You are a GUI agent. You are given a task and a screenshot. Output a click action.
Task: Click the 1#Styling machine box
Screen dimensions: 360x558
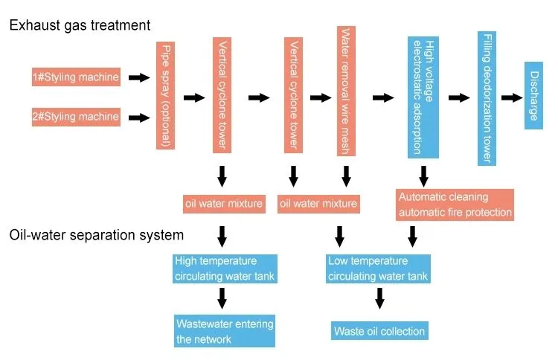(x=76, y=77)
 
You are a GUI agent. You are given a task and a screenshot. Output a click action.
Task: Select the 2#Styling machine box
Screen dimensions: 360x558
(x=76, y=117)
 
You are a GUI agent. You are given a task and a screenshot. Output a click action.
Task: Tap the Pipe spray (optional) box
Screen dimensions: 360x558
(x=165, y=96)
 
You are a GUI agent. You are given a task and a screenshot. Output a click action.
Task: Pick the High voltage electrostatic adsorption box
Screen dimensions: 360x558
(x=423, y=96)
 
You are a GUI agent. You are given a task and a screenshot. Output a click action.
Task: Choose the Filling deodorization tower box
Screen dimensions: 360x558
(x=487, y=98)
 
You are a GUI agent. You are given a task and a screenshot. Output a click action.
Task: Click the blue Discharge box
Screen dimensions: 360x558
(x=533, y=95)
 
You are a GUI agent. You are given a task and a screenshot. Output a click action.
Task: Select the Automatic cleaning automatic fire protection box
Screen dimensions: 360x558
(x=455, y=205)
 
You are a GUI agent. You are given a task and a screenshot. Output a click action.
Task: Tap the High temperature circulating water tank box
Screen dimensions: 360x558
(x=225, y=269)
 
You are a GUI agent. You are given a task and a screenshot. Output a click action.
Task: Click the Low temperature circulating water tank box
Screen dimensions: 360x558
(x=378, y=269)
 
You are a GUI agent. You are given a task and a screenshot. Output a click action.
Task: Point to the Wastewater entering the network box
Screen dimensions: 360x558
(x=225, y=332)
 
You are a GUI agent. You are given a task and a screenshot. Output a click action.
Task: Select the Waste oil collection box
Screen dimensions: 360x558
(x=379, y=331)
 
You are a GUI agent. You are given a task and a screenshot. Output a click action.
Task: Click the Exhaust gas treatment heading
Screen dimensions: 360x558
(x=80, y=25)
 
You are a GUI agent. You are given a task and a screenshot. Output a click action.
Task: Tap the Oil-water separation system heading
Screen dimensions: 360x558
(x=96, y=235)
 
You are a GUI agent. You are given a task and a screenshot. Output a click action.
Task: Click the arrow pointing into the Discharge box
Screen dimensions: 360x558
(x=511, y=97)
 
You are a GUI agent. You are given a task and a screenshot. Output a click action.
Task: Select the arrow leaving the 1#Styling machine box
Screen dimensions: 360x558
(x=138, y=77)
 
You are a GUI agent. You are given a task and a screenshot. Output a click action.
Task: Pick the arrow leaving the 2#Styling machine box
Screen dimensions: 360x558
(x=138, y=117)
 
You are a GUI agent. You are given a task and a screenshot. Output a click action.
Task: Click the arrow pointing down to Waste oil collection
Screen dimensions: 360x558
(x=379, y=298)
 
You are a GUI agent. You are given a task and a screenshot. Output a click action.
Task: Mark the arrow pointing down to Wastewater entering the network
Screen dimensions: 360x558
(x=222, y=298)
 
